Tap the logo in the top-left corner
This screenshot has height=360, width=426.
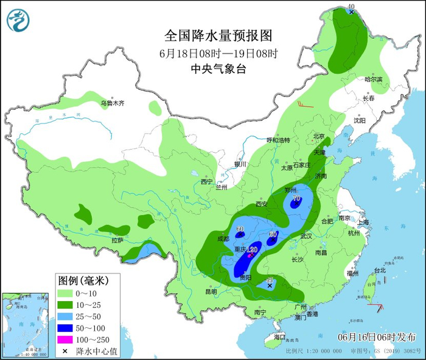18,21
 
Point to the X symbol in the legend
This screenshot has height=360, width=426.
65,351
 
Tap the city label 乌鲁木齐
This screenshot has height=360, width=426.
113,103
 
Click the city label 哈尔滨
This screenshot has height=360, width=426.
373,80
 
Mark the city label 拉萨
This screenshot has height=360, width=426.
117,241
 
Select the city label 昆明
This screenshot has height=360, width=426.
211,291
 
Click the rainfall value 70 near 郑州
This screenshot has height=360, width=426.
296,198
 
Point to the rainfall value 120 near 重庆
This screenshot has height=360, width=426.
253,250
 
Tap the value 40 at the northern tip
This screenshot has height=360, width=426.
351,7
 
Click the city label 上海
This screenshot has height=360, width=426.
363,223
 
